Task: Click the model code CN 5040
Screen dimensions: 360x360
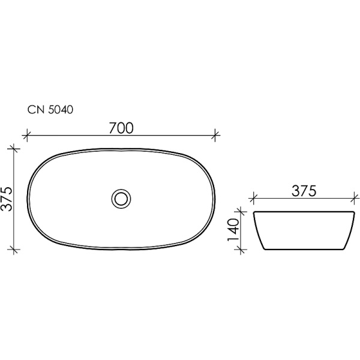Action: click(50, 110)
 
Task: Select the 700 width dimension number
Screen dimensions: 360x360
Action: click(121, 128)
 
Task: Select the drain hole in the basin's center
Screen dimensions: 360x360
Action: click(121, 197)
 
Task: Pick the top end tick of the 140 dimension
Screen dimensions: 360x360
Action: click(242, 211)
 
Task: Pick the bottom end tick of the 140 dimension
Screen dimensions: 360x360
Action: click(242, 250)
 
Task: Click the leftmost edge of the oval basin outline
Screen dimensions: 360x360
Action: click(28, 197)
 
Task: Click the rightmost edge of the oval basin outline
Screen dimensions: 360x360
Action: click(215, 197)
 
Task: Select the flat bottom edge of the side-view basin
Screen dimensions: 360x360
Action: click(304, 249)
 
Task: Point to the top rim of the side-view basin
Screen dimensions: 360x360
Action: click(304, 212)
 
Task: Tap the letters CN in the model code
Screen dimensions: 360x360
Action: click(34, 110)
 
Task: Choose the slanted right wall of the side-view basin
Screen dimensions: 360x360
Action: click(349, 231)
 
